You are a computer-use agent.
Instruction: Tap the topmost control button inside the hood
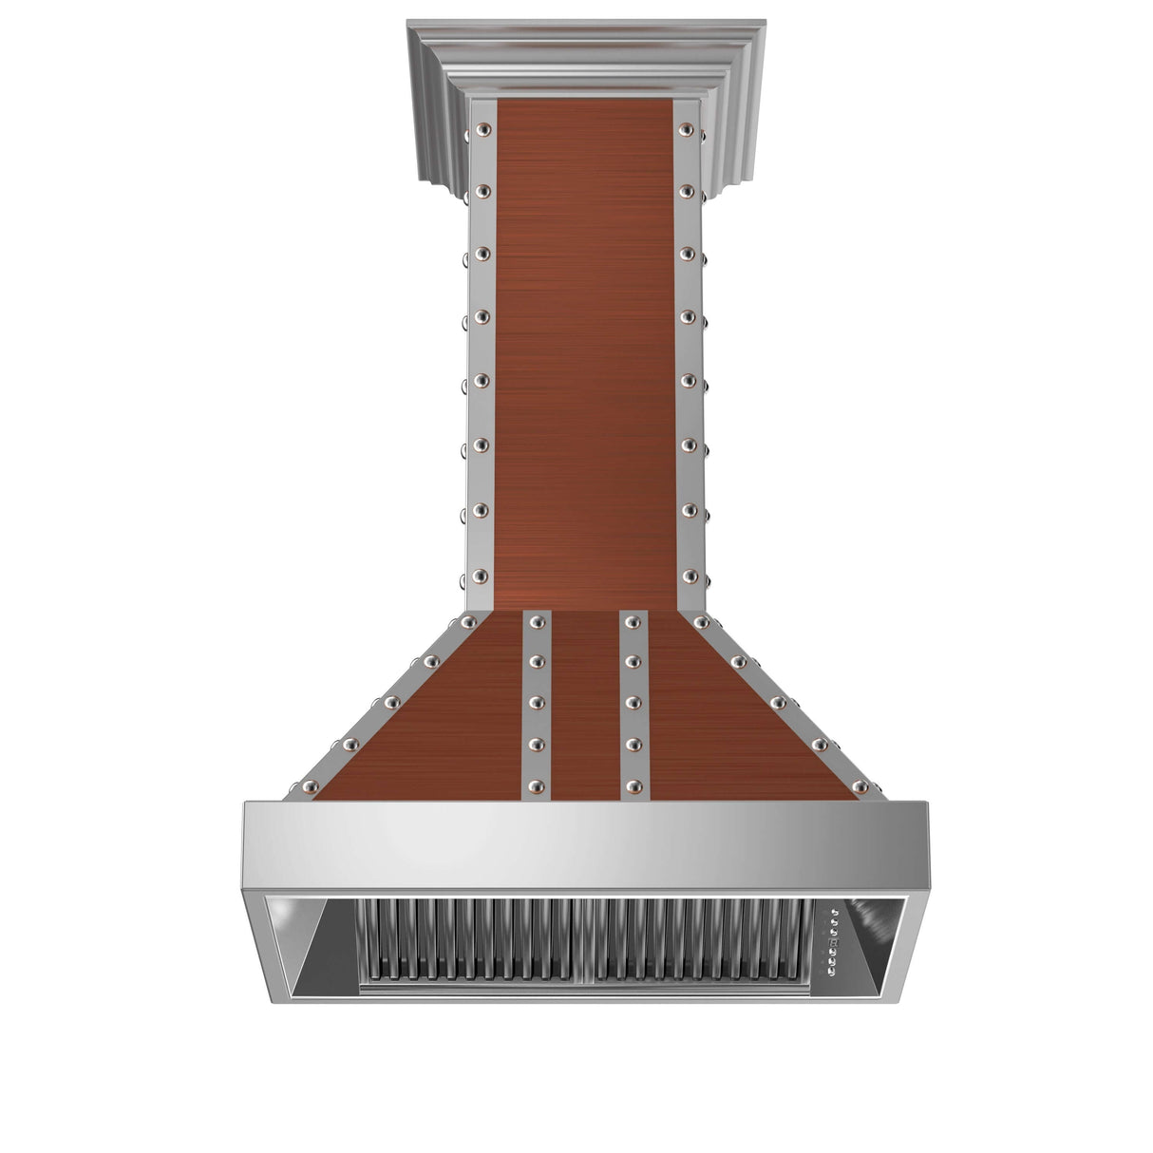click(834, 914)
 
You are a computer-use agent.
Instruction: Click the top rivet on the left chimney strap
click(482, 128)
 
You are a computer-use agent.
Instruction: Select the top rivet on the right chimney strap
click(686, 128)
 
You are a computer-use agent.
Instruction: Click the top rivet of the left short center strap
click(537, 622)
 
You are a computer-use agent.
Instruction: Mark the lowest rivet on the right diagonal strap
click(860, 786)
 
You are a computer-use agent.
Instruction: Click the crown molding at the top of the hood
click(587, 57)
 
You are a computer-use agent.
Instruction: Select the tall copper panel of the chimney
click(583, 351)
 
